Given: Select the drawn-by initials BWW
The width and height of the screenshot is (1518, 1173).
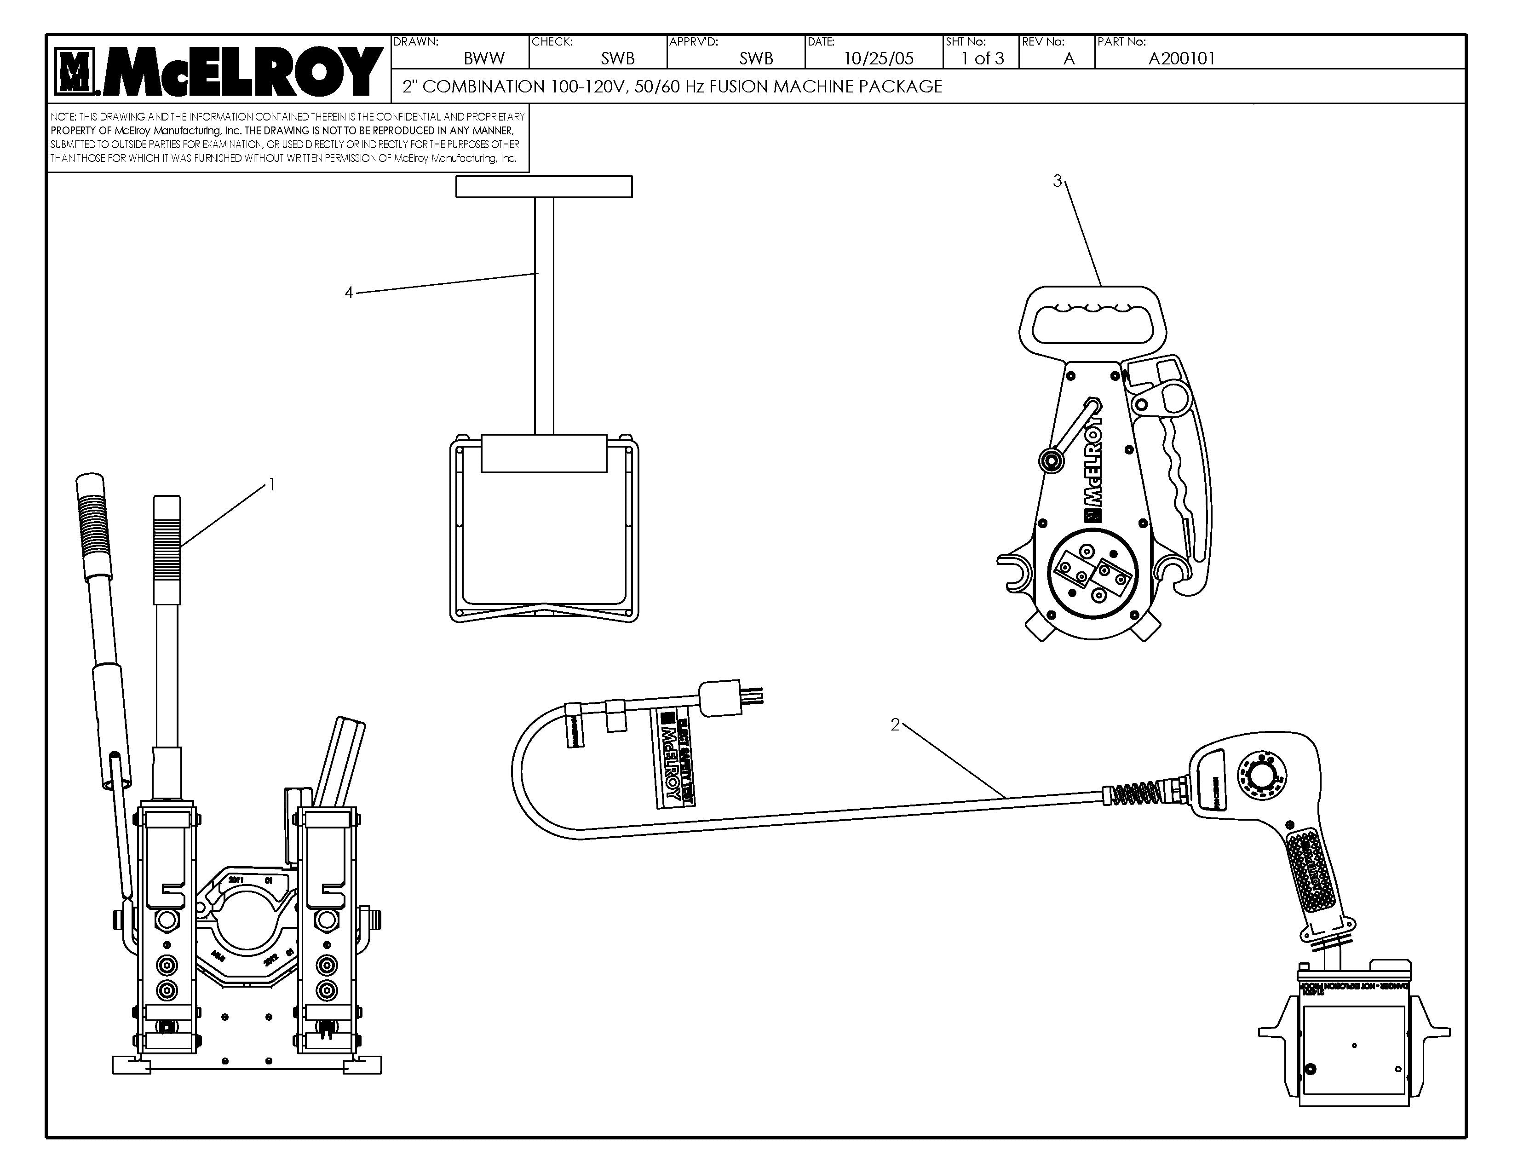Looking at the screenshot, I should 484,58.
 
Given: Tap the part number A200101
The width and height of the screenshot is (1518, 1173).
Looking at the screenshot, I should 1182,58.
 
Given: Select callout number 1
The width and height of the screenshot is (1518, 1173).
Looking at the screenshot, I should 272,485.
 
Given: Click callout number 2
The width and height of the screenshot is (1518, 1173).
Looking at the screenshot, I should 895,725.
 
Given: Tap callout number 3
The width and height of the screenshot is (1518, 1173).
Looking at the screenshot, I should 1057,181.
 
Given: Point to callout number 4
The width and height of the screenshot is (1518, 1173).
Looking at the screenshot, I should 349,293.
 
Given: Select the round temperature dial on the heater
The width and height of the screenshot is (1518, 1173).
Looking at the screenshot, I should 1261,773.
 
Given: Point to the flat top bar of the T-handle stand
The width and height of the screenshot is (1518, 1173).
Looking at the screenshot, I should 544,187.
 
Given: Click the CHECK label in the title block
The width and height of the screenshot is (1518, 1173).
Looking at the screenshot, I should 552,42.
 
